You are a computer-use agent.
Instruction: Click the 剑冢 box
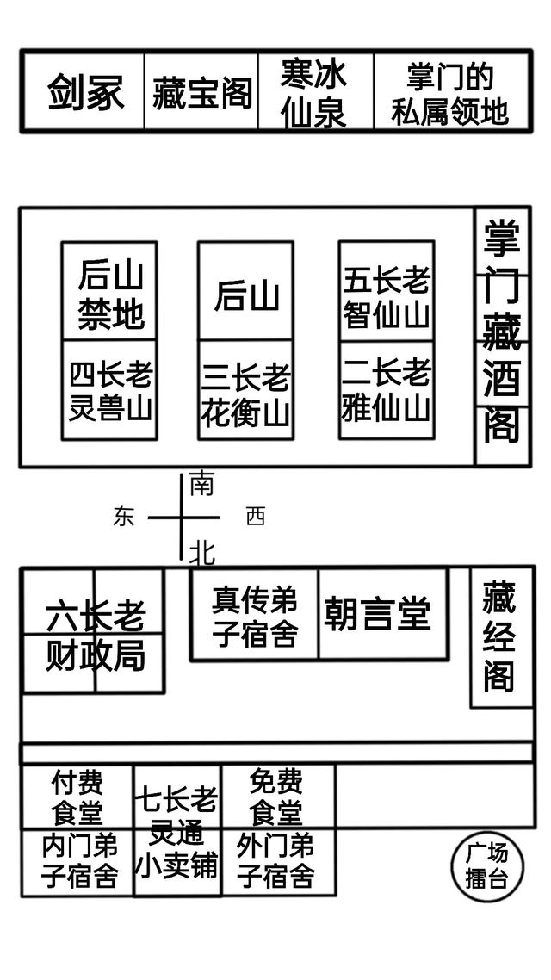pyautogui.click(x=84, y=91)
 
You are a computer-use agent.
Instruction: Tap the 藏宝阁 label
pyautogui.click(x=201, y=92)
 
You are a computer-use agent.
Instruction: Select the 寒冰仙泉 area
pyautogui.click(x=315, y=92)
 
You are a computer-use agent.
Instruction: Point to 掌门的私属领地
pyautogui.click(x=449, y=92)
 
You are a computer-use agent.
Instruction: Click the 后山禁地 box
pyautogui.click(x=109, y=293)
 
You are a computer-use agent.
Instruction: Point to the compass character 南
pyautogui.click(x=201, y=484)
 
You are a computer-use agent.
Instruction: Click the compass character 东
pyautogui.click(x=124, y=517)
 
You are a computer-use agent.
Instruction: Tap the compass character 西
pyautogui.click(x=256, y=517)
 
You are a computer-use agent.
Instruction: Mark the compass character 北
pyautogui.click(x=201, y=552)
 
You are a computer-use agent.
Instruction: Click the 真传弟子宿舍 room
pyautogui.click(x=254, y=616)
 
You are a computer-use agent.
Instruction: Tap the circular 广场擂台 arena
pyautogui.click(x=487, y=866)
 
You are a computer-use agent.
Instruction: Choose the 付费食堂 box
pyautogui.click(x=77, y=797)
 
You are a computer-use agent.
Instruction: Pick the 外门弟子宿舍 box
pyautogui.click(x=277, y=861)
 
